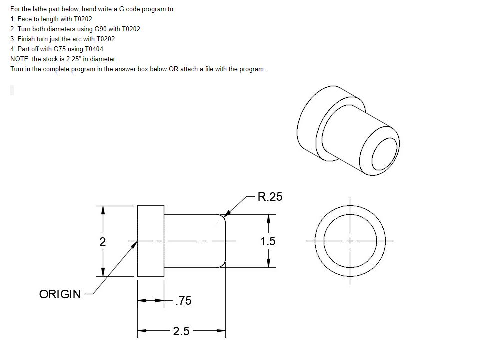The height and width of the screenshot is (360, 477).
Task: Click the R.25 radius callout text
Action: point(270,197)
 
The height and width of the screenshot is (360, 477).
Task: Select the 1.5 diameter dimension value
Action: point(268,242)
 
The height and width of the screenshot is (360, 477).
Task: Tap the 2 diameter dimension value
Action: point(102,242)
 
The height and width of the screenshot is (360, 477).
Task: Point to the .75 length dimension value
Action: point(183,301)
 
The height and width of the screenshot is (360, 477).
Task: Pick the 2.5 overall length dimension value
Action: point(181,331)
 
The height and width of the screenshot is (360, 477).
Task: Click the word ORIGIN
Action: point(60,294)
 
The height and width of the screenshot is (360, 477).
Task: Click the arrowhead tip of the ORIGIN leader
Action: point(136,243)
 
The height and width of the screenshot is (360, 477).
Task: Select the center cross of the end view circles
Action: point(350,241)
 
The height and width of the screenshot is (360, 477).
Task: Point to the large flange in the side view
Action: point(150,241)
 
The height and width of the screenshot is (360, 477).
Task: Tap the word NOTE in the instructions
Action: point(19,59)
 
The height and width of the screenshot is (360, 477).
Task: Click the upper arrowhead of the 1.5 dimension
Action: point(269,219)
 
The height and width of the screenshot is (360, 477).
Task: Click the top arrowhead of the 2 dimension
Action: point(103,209)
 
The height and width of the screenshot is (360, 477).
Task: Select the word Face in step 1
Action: point(23,19)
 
